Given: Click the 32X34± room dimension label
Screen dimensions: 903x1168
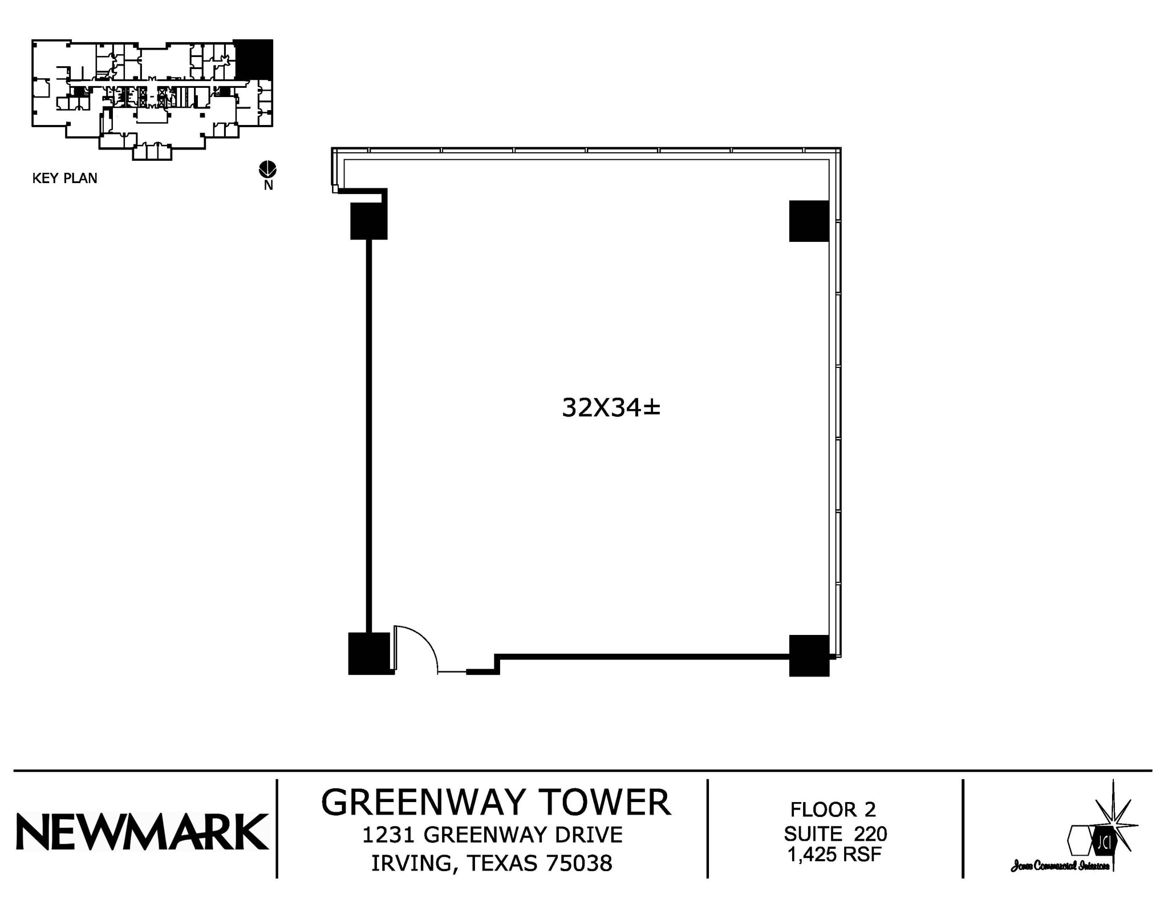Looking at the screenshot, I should (x=611, y=408).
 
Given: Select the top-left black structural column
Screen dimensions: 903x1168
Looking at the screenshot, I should (x=368, y=221).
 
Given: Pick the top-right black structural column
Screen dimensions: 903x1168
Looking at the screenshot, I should (x=809, y=221).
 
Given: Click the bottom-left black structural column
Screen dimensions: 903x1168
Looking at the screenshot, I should (x=370, y=653).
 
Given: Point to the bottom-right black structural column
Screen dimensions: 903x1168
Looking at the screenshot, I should (x=809, y=655).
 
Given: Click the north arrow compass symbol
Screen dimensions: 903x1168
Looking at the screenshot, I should (x=267, y=169).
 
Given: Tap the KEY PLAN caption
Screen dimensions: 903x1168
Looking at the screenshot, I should (x=64, y=179).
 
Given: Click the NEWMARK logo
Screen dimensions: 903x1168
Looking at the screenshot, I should (x=142, y=832).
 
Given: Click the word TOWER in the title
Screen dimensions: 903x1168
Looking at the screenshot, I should (x=606, y=803).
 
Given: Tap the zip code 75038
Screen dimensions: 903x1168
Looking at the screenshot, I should (x=579, y=864).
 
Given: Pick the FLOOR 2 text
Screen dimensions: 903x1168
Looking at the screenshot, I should (x=833, y=809).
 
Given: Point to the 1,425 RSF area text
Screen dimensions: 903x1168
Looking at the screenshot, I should (x=834, y=855).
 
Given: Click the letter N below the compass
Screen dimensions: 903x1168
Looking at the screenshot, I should (x=268, y=185).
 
